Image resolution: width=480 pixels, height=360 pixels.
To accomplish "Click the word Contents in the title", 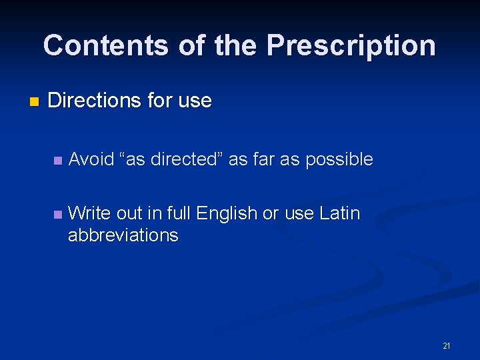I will click(x=105, y=45).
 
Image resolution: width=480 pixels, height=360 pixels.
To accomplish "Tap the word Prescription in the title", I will click(x=351, y=45).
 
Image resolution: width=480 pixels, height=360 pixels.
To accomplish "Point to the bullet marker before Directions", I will click(x=35, y=102).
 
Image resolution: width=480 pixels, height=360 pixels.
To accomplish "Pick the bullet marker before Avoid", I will click(x=57, y=160).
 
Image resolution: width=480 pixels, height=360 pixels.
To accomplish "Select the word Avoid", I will click(x=91, y=159).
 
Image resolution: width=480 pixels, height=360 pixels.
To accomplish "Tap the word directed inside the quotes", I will click(x=186, y=159).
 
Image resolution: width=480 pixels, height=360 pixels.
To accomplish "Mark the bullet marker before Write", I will click(x=57, y=215).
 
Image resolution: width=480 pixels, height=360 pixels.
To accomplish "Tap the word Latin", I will click(x=339, y=213).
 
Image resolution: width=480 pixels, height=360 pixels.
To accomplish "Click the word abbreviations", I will click(x=123, y=235).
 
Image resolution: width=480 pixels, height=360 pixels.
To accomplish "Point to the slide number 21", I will click(x=446, y=346).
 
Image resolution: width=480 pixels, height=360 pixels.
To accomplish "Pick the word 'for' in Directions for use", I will click(x=160, y=101).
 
